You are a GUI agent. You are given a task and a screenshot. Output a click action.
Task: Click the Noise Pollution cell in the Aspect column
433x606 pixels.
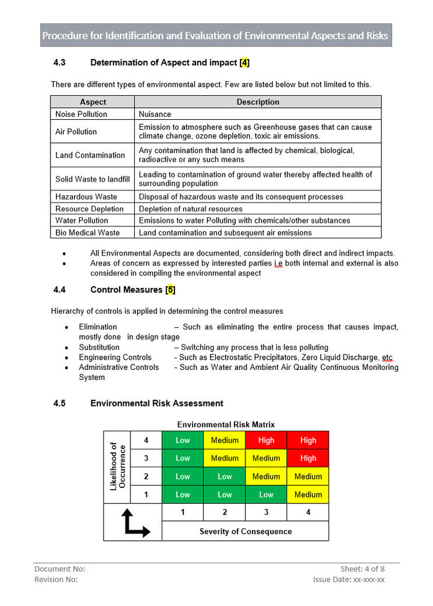81,114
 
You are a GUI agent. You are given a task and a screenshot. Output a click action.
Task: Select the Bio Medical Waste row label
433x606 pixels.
88,233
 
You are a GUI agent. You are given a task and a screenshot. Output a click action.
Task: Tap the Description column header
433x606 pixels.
257,102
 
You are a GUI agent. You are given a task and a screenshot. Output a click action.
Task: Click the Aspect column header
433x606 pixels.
93,102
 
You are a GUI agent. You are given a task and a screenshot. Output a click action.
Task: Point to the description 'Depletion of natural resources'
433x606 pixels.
191,209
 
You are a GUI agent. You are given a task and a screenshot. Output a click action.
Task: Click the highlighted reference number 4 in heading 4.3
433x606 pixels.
244,63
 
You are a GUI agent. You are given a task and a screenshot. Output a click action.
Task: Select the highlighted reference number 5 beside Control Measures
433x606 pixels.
171,290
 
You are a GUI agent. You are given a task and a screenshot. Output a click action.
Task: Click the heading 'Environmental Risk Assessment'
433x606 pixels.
156,403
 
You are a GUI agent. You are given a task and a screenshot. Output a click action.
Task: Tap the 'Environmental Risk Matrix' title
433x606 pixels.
226,425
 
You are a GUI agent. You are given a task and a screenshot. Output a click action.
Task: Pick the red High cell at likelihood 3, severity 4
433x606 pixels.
308,458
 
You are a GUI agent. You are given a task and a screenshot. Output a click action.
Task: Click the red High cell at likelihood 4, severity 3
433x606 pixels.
266,440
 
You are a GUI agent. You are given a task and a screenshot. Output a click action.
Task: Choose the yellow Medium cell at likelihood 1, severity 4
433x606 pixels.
308,495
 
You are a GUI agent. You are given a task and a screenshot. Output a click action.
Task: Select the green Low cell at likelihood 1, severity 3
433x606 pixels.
266,495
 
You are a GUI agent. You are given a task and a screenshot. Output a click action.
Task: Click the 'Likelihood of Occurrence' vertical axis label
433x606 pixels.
117,467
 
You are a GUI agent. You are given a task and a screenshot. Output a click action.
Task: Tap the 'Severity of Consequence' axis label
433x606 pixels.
245,531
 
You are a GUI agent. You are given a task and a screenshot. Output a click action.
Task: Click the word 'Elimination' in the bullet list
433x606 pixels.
98,326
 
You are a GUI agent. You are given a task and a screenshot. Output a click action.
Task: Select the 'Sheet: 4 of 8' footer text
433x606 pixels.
362,569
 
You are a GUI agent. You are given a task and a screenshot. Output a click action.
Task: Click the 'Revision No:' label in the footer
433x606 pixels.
56,579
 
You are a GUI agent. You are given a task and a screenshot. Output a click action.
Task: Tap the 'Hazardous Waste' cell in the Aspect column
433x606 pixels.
86,196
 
